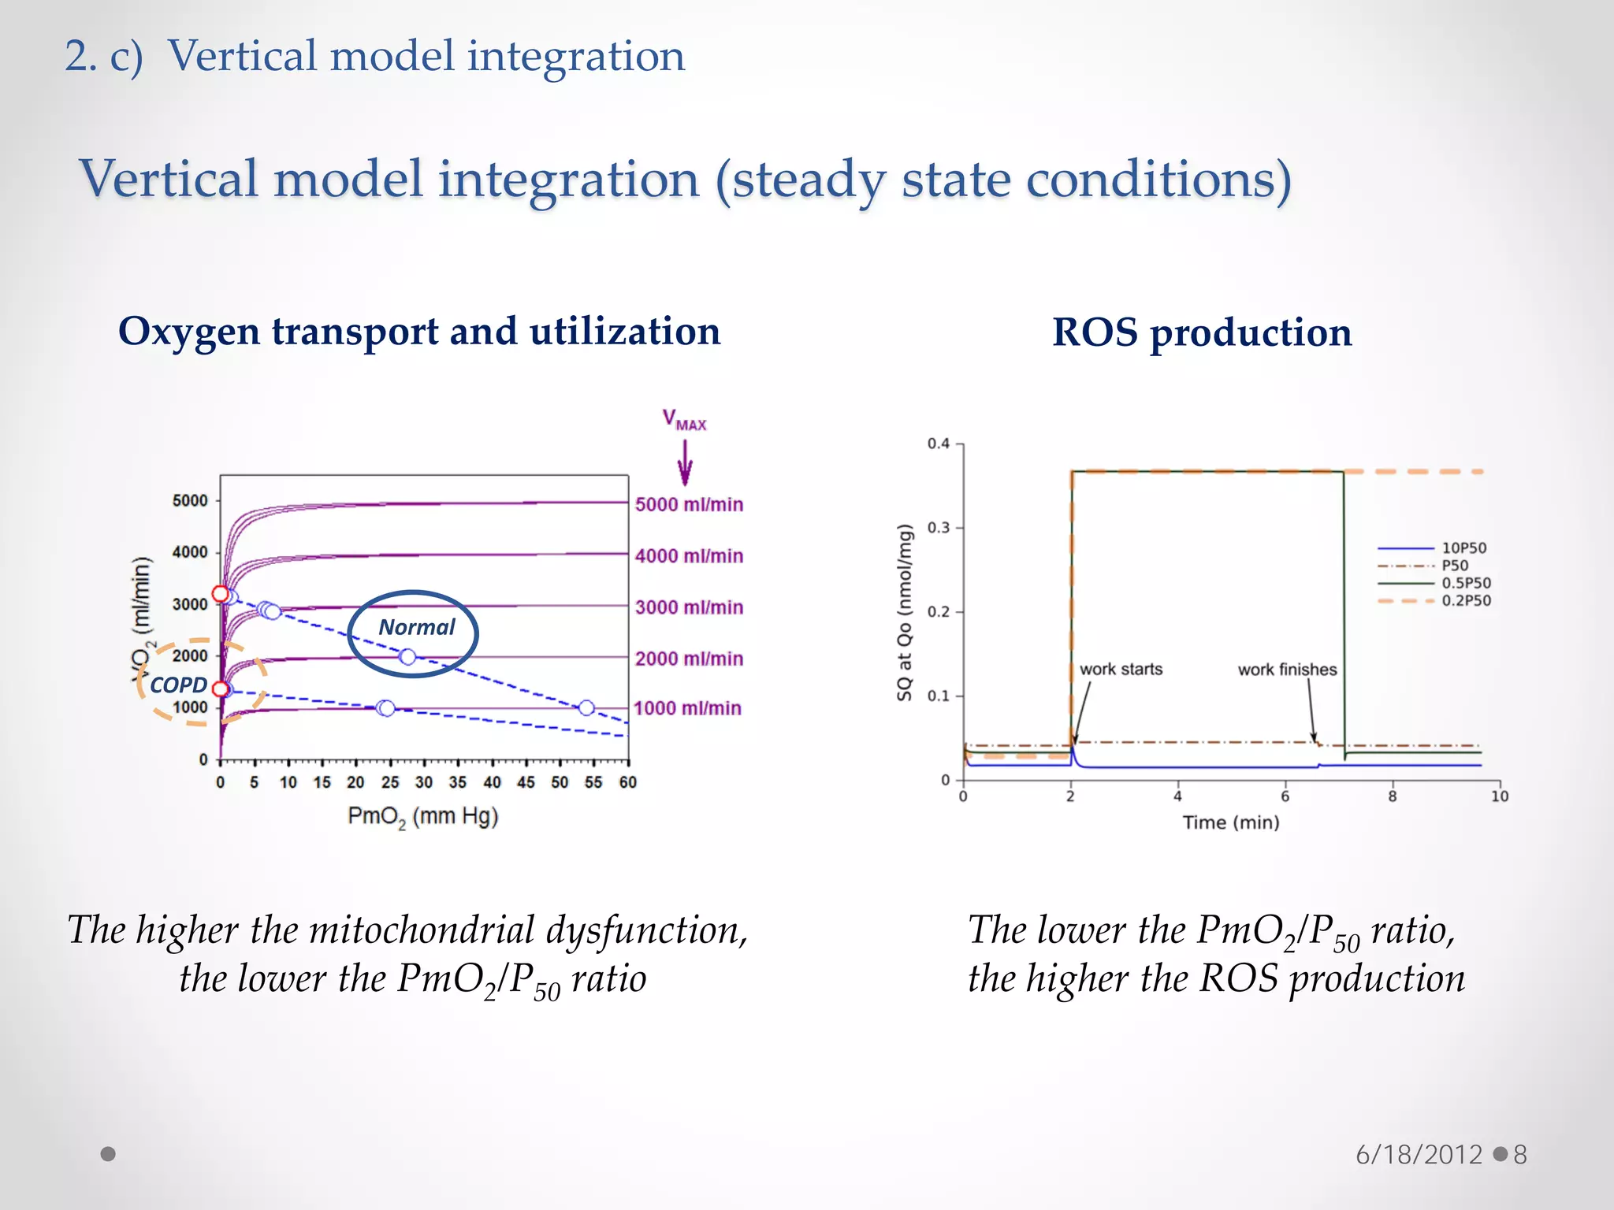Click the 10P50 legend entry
[1463, 547]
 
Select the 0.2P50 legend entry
[1466, 600]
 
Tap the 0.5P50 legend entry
[1466, 583]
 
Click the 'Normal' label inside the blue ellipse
[416, 627]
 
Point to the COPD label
[178, 685]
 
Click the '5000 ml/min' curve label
[689, 504]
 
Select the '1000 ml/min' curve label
[687, 708]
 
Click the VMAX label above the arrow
[684, 420]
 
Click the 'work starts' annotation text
[1121, 669]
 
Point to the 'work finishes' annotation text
[1287, 670]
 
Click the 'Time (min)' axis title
[1230, 822]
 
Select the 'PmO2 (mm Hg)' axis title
[423, 817]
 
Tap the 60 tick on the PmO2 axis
[627, 782]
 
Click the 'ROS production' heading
[1202, 332]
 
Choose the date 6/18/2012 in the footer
[1419, 1155]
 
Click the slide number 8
[1520, 1155]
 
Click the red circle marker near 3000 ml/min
[221, 593]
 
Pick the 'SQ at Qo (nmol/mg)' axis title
[904, 612]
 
